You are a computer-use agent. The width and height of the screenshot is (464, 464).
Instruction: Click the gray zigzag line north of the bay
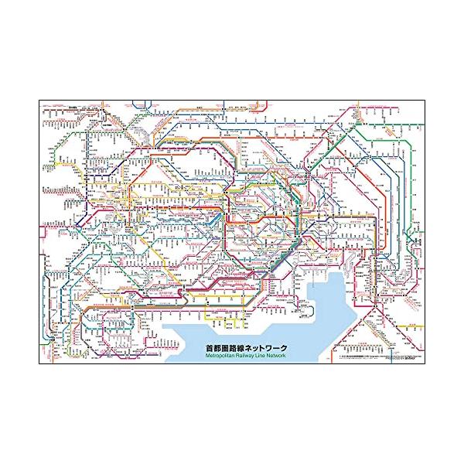point(309,255)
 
